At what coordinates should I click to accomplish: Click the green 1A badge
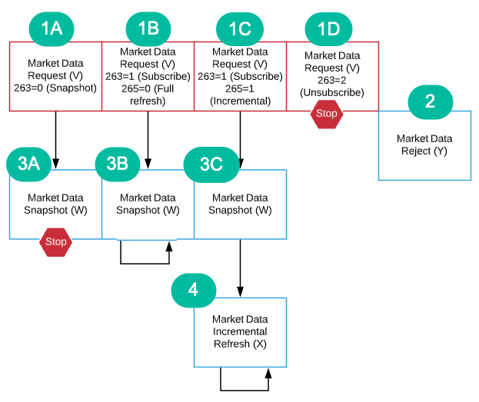[x=52, y=29]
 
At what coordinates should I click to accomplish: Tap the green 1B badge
[x=148, y=29]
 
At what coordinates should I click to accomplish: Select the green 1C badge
[x=240, y=29]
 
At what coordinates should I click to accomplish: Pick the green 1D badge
[x=329, y=29]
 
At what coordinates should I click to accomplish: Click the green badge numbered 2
[x=430, y=102]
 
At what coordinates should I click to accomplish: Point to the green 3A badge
[x=28, y=164]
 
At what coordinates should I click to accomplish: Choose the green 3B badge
[x=118, y=164]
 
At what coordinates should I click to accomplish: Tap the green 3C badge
[x=211, y=164]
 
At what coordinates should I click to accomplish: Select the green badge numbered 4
[x=194, y=291]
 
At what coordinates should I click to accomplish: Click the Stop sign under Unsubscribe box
[x=327, y=115]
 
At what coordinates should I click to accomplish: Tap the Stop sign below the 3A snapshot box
[x=55, y=242]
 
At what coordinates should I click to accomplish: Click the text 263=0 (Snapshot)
[x=55, y=88]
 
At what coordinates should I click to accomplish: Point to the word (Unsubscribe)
[x=332, y=92]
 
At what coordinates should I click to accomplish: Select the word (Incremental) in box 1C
[x=240, y=101]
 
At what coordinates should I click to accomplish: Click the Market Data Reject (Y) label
[x=424, y=145]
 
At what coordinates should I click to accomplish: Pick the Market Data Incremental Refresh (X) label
[x=240, y=331]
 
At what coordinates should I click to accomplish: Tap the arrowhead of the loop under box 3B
[x=169, y=247]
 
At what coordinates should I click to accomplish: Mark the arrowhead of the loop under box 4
[x=268, y=374]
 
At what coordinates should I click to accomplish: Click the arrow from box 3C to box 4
[x=240, y=268]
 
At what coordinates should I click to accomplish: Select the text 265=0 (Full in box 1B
[x=148, y=88]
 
